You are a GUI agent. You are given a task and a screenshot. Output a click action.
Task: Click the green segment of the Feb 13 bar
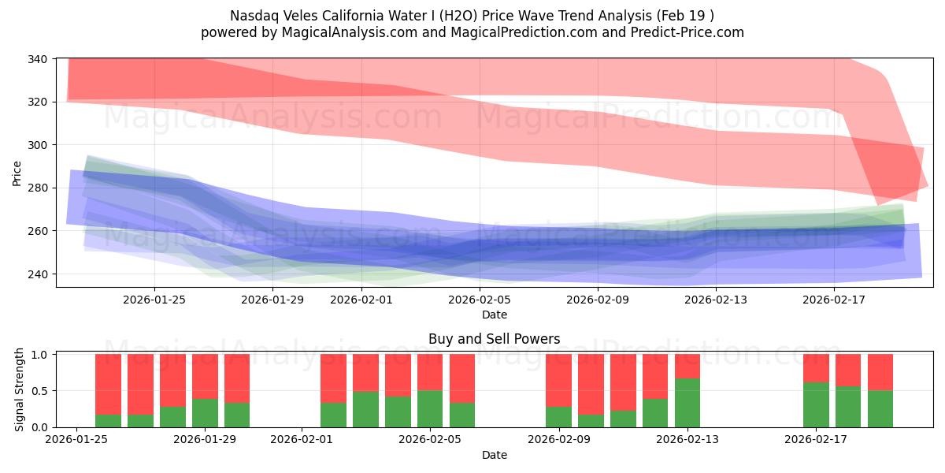click(687, 403)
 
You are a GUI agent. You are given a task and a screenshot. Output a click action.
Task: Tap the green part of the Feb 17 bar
click(816, 404)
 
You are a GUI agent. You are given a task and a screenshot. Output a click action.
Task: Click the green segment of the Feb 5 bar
click(430, 408)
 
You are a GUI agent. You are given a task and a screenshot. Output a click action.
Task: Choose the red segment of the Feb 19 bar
click(880, 372)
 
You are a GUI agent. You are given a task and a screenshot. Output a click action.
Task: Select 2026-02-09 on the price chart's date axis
click(598, 300)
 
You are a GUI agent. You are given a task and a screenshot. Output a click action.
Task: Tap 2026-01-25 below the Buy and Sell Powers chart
click(76, 440)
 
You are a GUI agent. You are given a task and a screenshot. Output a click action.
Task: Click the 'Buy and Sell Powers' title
click(495, 339)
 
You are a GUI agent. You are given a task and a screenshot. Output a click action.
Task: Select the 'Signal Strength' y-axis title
click(20, 390)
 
